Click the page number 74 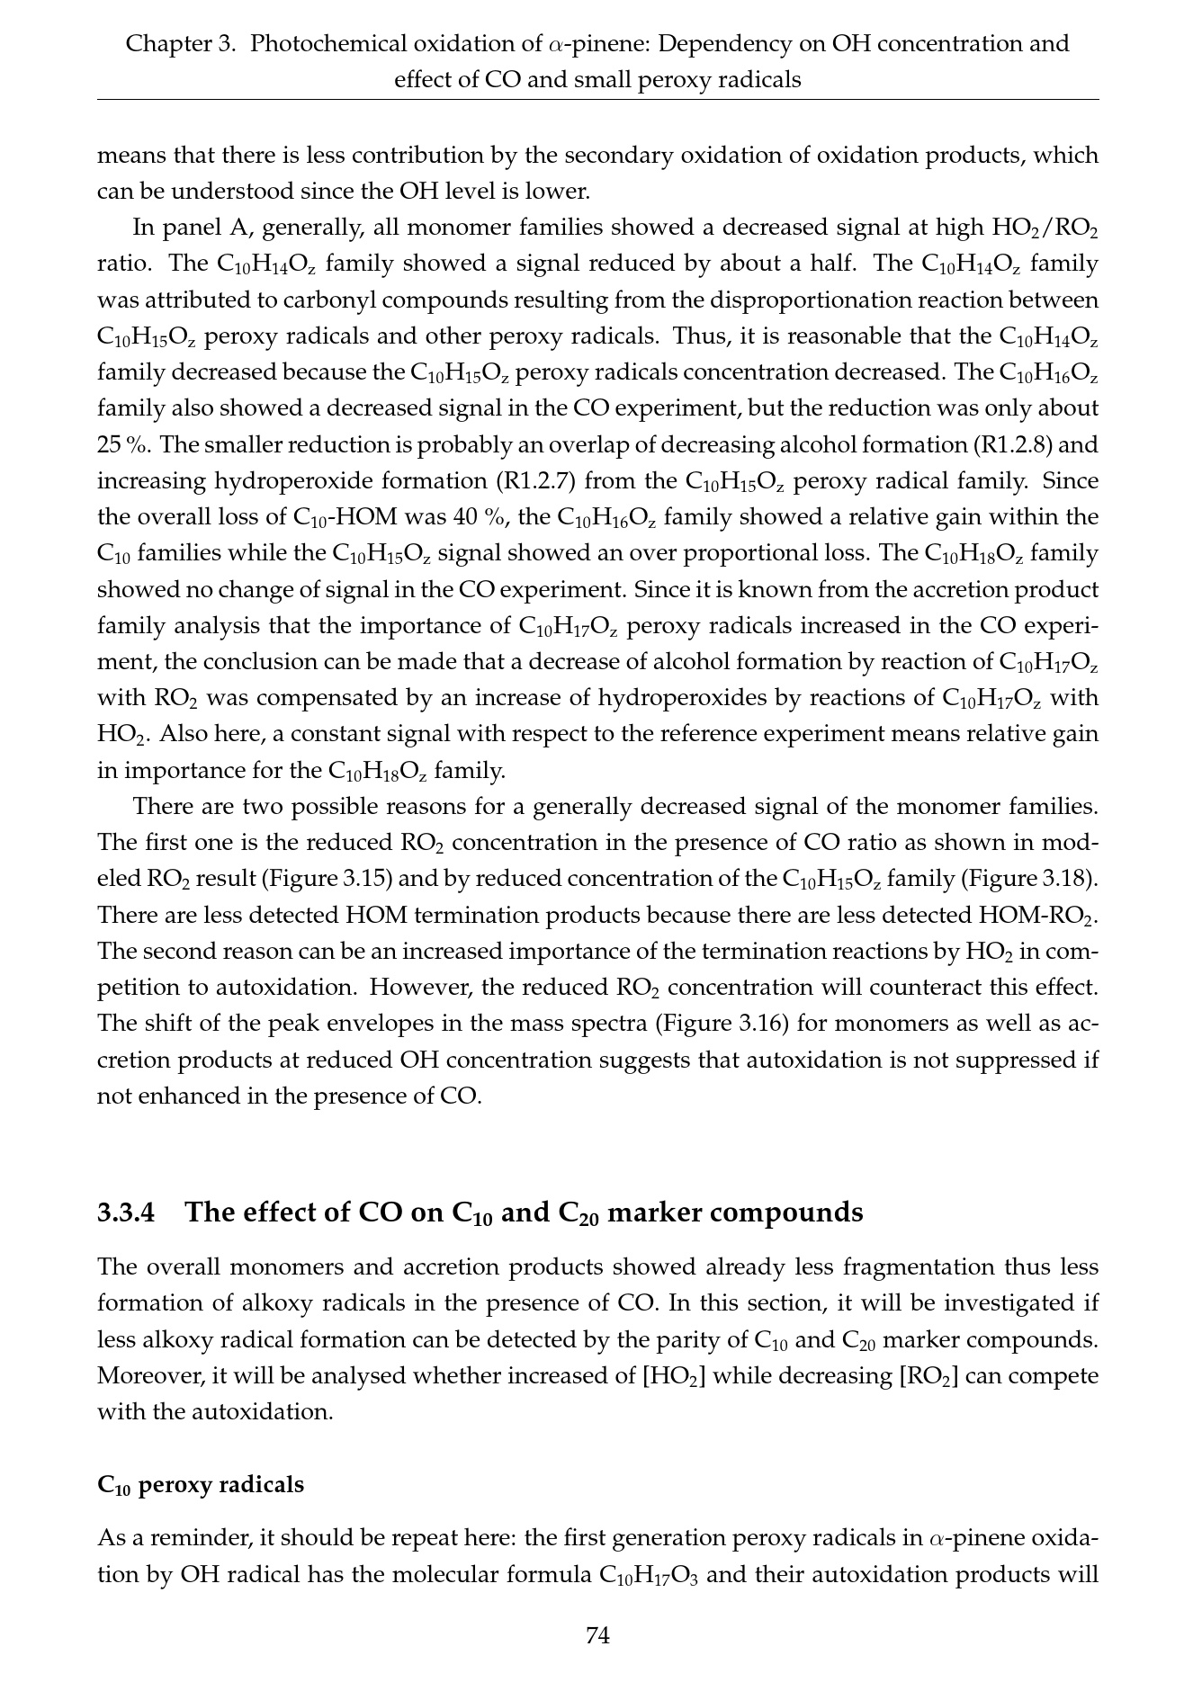[598, 1635]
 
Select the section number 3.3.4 [126, 1212]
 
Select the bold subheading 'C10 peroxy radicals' [201, 1484]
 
